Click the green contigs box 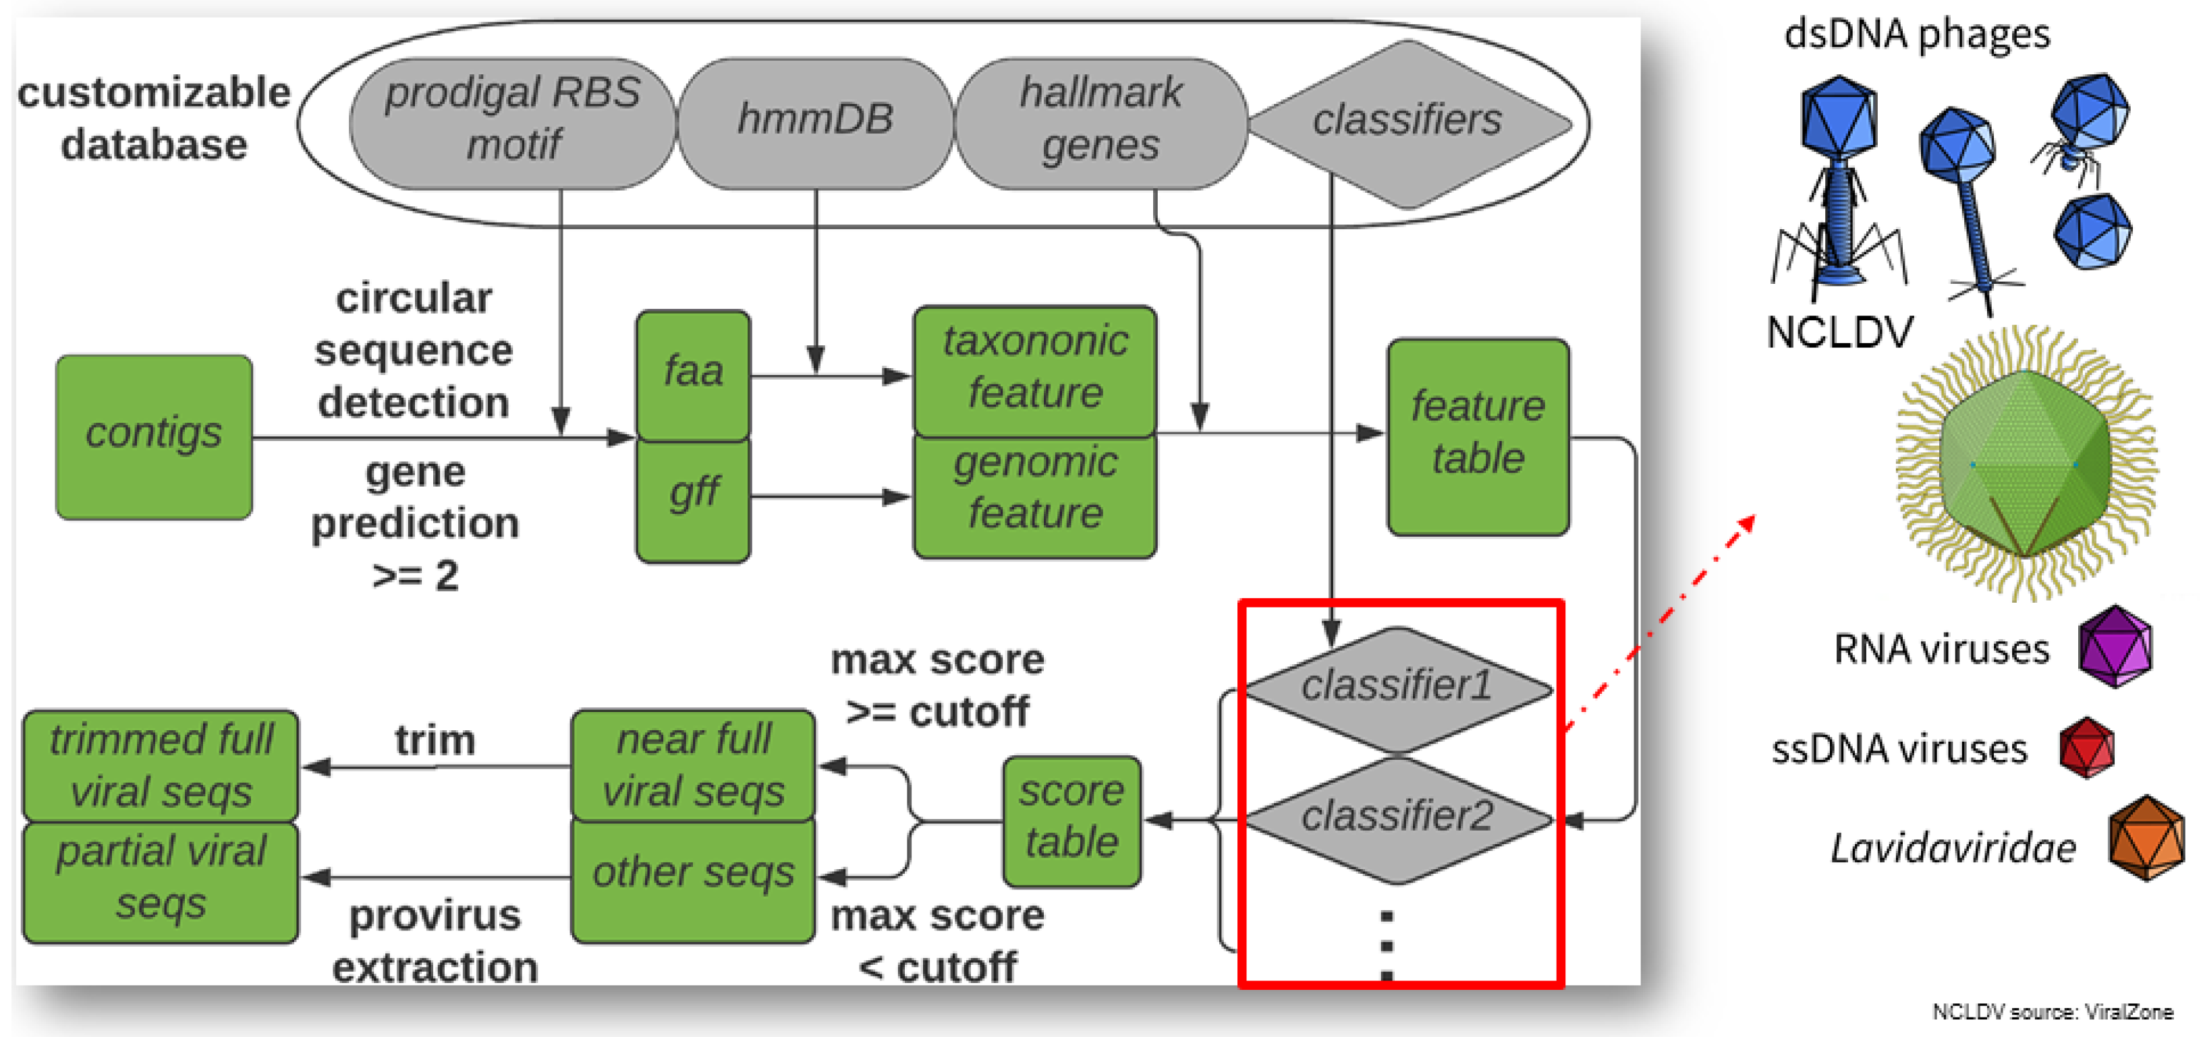coord(154,436)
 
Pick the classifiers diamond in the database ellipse coord(1407,124)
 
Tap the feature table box coord(1478,436)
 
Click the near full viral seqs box coord(693,765)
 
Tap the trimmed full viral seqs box coord(161,765)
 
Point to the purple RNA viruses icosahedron coord(2115,647)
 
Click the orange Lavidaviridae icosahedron coord(2146,838)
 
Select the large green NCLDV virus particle coord(2024,466)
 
